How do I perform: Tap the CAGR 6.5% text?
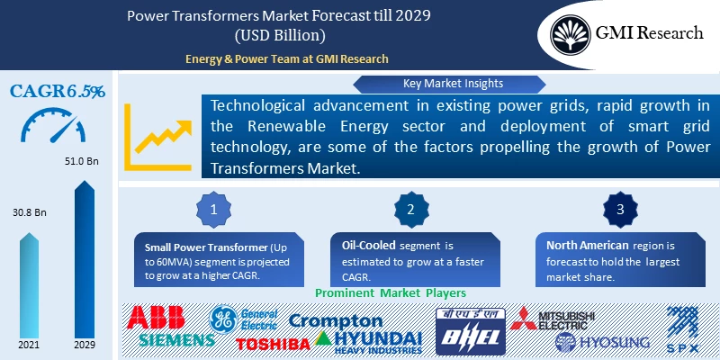coord(57,91)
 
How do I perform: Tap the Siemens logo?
coord(177,340)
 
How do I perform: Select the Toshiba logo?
coord(273,342)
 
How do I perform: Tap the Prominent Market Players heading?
coord(390,293)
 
